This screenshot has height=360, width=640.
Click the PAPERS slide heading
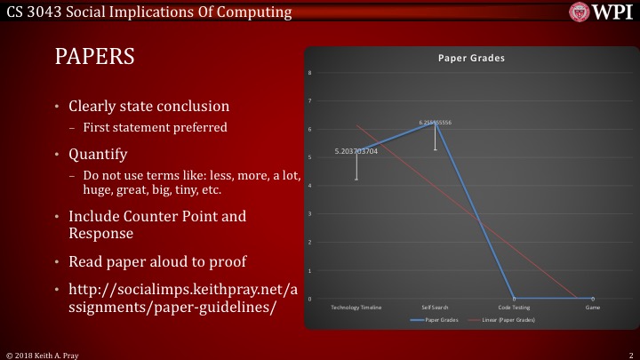tap(94, 57)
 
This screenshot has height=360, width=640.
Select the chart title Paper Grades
tap(471, 58)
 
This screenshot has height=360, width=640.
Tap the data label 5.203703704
tap(356, 151)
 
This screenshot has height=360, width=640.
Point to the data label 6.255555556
tap(436, 121)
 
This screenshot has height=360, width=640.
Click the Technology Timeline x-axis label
tap(356, 307)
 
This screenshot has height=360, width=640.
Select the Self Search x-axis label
tap(436, 307)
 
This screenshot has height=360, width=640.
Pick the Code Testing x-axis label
tap(514, 307)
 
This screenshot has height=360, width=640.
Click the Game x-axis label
tap(592, 307)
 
